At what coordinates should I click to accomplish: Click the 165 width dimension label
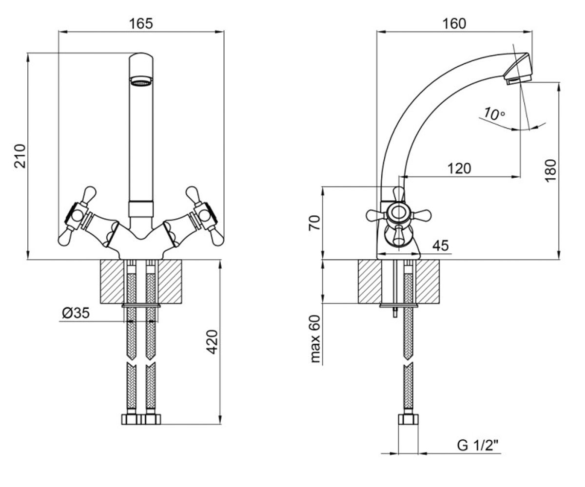click(x=141, y=23)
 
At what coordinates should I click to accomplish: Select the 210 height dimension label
click(x=20, y=156)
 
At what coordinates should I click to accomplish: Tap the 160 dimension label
click(x=454, y=23)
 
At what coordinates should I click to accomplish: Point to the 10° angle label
click(x=494, y=113)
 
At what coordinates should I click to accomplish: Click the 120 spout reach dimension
click(x=459, y=169)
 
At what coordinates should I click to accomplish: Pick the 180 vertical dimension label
click(x=551, y=171)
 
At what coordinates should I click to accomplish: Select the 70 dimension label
click(x=314, y=223)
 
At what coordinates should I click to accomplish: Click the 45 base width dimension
click(x=440, y=246)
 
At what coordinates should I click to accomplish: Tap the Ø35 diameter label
click(x=76, y=313)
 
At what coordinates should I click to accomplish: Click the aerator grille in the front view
click(x=141, y=82)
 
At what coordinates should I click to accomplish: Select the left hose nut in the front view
click(x=132, y=419)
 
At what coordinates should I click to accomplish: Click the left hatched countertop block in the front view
click(x=112, y=281)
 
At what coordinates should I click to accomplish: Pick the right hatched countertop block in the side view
click(x=428, y=281)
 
